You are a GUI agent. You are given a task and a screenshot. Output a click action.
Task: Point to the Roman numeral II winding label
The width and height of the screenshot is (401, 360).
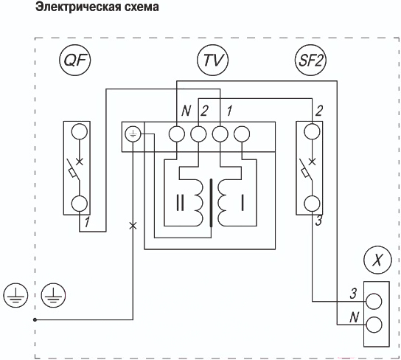point(180,203)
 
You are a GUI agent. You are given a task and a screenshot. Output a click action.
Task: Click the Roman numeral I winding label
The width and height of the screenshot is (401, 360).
point(243,203)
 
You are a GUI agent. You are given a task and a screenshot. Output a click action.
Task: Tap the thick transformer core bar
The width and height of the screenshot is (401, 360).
point(212,203)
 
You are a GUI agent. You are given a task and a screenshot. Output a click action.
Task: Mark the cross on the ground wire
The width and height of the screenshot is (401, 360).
point(133,226)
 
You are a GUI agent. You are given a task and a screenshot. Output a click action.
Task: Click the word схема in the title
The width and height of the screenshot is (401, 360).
point(142,7)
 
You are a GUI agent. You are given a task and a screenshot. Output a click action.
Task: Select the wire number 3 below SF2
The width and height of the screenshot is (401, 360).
point(318,221)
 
